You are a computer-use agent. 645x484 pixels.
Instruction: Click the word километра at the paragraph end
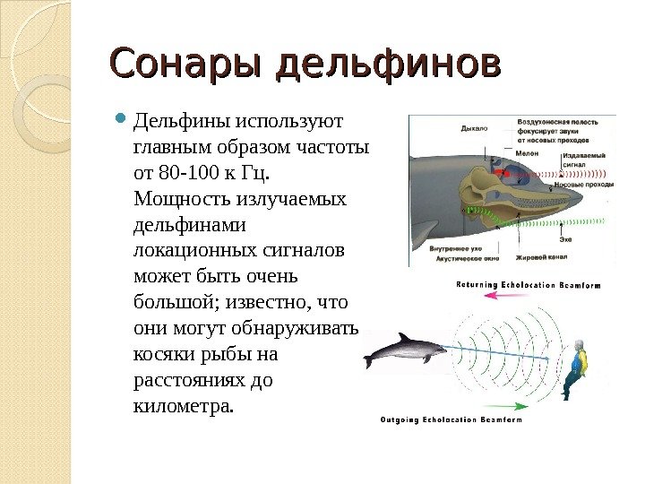click(x=181, y=408)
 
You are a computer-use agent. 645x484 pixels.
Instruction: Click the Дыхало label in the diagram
click(x=473, y=129)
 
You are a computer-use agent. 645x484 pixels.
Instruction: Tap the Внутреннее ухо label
click(x=456, y=248)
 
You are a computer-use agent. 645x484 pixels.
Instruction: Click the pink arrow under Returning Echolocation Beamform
click(x=502, y=303)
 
